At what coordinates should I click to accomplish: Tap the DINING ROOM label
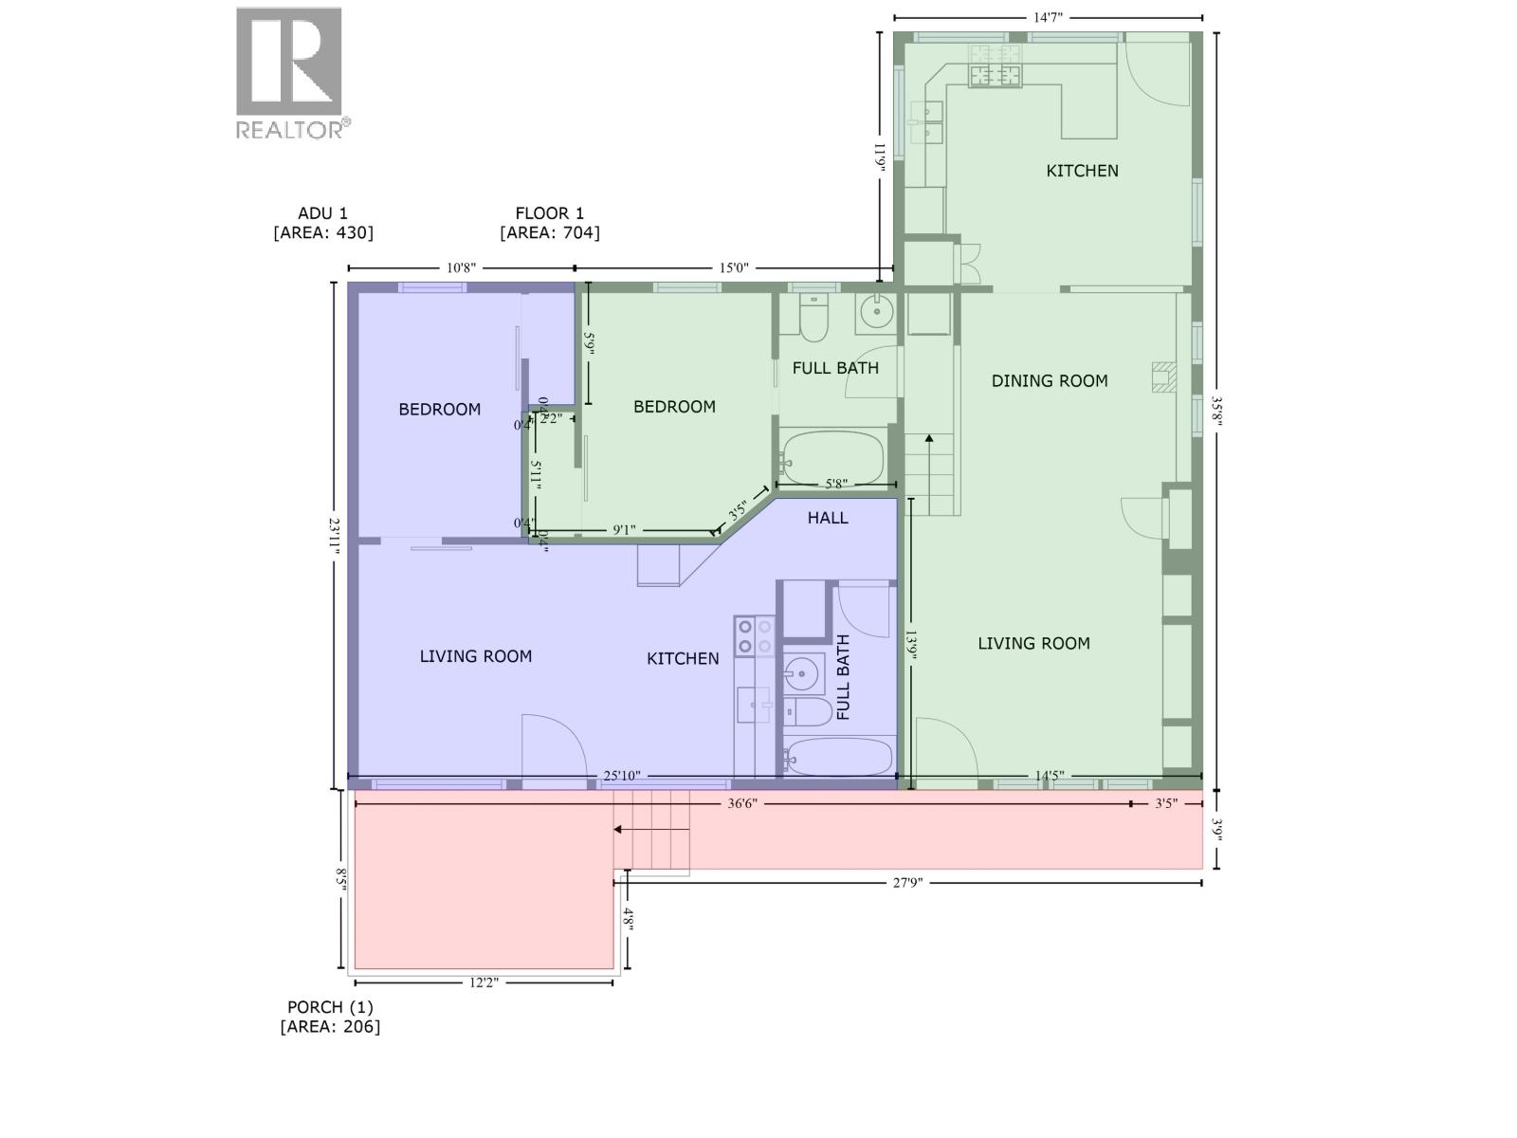point(1050,381)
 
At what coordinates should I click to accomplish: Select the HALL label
point(828,518)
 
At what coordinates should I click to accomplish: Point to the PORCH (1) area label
point(330,1017)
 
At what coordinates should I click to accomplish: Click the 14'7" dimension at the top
point(1047,17)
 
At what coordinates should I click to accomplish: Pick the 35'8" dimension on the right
point(1217,412)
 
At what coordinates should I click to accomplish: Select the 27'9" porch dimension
point(906,883)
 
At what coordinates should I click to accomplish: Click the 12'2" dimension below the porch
point(483,982)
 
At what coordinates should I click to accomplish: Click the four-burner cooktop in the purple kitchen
point(755,635)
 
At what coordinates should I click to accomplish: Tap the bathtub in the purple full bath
point(839,757)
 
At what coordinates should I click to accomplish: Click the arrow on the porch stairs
point(617,830)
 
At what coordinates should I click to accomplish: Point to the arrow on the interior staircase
point(929,439)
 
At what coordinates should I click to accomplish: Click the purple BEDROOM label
point(439,410)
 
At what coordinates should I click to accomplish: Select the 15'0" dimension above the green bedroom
point(734,268)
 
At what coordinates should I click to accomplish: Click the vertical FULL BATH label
point(843,678)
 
